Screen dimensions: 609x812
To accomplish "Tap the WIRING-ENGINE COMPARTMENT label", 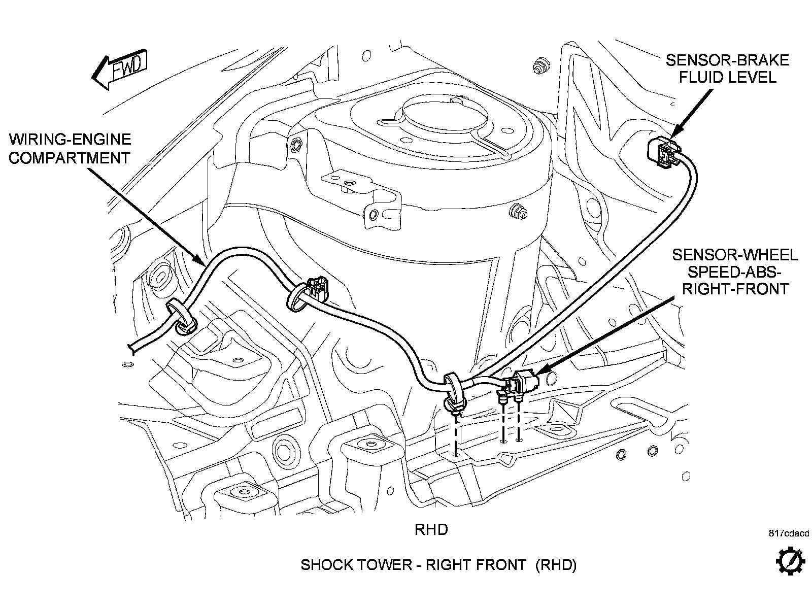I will click(x=70, y=148).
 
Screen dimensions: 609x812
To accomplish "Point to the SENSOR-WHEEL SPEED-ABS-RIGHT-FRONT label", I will click(x=735, y=272).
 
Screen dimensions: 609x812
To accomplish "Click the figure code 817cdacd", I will click(x=789, y=533).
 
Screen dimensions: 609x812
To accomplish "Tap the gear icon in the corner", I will click(x=791, y=561).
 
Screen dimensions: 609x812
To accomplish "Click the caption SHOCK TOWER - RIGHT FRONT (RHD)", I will click(x=438, y=564).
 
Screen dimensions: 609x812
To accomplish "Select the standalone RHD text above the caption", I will click(x=431, y=530).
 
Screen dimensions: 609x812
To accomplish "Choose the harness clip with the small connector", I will click(x=304, y=296).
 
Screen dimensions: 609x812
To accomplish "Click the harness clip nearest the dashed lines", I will click(x=454, y=391).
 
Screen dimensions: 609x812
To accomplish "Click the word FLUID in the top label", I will click(x=700, y=77).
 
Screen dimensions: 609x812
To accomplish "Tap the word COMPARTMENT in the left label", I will click(x=70, y=157).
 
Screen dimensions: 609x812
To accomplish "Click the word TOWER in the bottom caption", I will click(x=389, y=564).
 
